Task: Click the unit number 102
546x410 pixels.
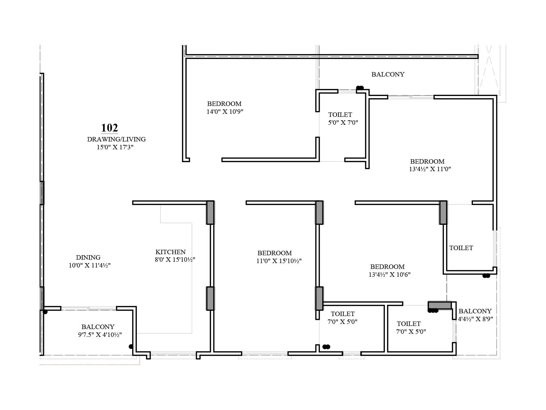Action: coord(110,128)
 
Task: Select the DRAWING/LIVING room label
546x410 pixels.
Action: coord(116,139)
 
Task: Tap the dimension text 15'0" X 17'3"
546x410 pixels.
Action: coord(115,147)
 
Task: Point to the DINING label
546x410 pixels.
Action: coord(88,257)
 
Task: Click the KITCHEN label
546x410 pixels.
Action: coord(171,252)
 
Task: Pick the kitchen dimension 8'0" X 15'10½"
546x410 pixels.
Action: coord(175,260)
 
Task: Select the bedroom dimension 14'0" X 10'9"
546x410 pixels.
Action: coord(225,111)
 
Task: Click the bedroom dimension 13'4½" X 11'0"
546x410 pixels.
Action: coord(430,169)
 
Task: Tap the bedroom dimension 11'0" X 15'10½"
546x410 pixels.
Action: coord(279,261)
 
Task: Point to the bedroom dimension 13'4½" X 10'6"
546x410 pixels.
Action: coord(390,275)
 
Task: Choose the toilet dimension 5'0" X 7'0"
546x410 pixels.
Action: coord(343,122)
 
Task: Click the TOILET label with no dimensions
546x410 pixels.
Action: coord(461,248)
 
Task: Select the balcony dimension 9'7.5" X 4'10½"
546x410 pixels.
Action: coord(100,335)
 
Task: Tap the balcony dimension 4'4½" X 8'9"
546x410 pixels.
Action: coord(475,319)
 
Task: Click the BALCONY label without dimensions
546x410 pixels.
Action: coord(388,74)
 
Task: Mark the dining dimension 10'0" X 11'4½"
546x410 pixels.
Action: coord(89,265)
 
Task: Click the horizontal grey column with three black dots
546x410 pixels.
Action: coord(440,305)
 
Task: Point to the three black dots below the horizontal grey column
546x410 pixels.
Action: coord(433,311)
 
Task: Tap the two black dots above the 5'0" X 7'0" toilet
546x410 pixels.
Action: coord(360,88)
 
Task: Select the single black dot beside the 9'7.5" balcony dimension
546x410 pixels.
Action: coord(131,346)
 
